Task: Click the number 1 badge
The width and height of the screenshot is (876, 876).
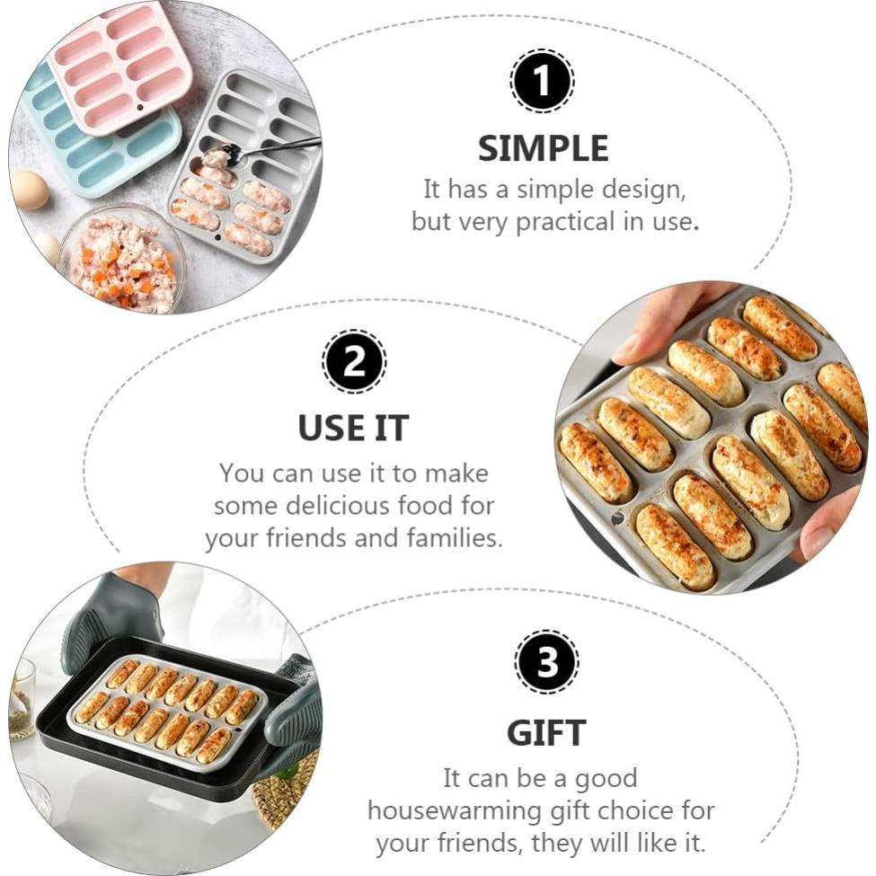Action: coord(542,81)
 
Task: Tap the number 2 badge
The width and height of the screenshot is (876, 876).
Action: coord(354,362)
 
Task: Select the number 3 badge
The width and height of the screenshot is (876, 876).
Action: coord(546,661)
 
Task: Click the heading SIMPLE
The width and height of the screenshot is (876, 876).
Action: coord(543,148)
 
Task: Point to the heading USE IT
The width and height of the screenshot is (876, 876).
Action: coord(354,428)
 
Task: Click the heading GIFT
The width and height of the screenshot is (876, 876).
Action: coord(546,733)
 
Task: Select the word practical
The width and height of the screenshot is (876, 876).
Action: coord(565,222)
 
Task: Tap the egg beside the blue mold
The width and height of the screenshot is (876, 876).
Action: coord(29,190)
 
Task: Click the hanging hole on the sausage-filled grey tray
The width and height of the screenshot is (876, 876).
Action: coord(616,518)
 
